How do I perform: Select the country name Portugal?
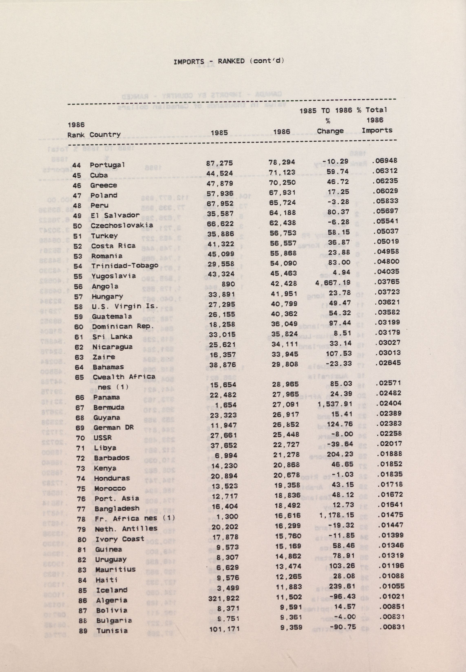[107, 165]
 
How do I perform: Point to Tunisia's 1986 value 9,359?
[291, 627]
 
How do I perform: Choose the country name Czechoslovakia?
[122, 226]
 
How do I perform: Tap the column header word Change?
[330, 131]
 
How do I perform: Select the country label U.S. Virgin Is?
[125, 306]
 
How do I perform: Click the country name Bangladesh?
[117, 509]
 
